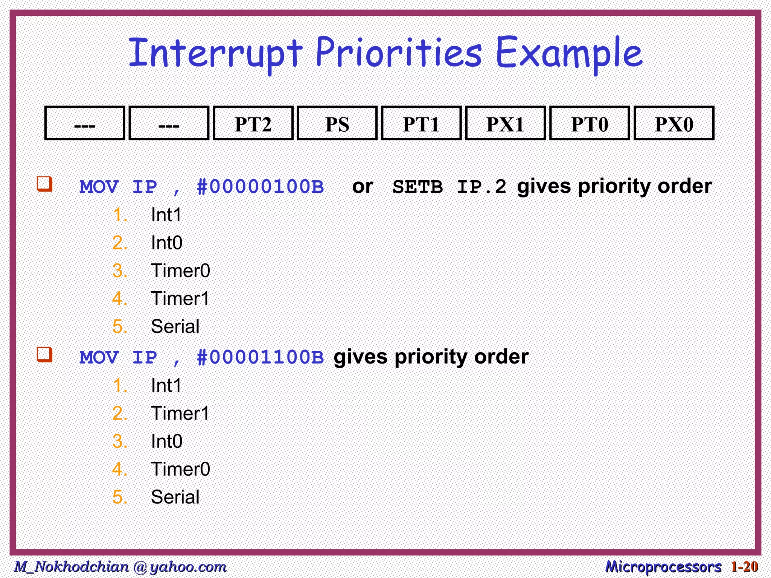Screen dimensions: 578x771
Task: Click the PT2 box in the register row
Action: pos(253,123)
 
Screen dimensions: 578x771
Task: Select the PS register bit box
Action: pos(337,123)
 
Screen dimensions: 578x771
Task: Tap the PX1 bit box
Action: pos(505,123)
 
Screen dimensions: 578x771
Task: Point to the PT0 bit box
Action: pos(590,123)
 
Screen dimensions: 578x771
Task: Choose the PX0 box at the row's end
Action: pos(674,123)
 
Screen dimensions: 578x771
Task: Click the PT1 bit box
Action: pos(421,123)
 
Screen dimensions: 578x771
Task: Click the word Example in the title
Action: pos(568,53)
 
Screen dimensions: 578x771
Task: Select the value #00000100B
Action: pos(260,187)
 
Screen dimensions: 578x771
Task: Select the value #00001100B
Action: pos(260,357)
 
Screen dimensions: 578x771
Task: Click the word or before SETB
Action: pos(363,187)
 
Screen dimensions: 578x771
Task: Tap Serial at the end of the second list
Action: pos(175,497)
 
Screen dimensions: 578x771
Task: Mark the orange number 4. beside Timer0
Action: pos(120,469)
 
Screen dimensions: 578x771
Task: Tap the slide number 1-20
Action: pos(744,567)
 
